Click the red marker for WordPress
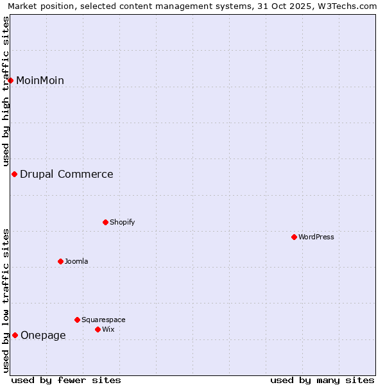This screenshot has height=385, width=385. (x=294, y=237)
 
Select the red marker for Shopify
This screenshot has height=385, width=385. (x=105, y=222)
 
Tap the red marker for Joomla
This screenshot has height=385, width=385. (x=60, y=261)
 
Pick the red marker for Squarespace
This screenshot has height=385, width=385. (x=77, y=320)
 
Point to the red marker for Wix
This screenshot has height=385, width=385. (x=98, y=329)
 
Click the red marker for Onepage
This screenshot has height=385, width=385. (x=15, y=335)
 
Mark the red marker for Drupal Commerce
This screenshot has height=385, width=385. (x=14, y=174)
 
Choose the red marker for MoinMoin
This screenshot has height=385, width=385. (x=10, y=80)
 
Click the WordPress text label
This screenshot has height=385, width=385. (x=316, y=237)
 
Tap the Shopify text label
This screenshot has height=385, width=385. (x=122, y=222)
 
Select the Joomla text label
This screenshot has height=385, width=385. (x=76, y=261)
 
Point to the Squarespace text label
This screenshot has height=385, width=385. (x=103, y=320)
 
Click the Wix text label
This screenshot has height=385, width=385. (x=108, y=329)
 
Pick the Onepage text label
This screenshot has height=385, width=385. (x=43, y=335)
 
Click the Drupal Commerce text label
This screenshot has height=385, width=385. (x=66, y=174)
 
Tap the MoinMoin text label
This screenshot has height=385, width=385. (x=40, y=80)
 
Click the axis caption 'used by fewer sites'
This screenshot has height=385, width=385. (x=66, y=380)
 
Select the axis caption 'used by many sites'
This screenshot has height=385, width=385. (x=322, y=380)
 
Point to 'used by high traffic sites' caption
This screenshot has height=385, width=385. (x=6, y=90)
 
